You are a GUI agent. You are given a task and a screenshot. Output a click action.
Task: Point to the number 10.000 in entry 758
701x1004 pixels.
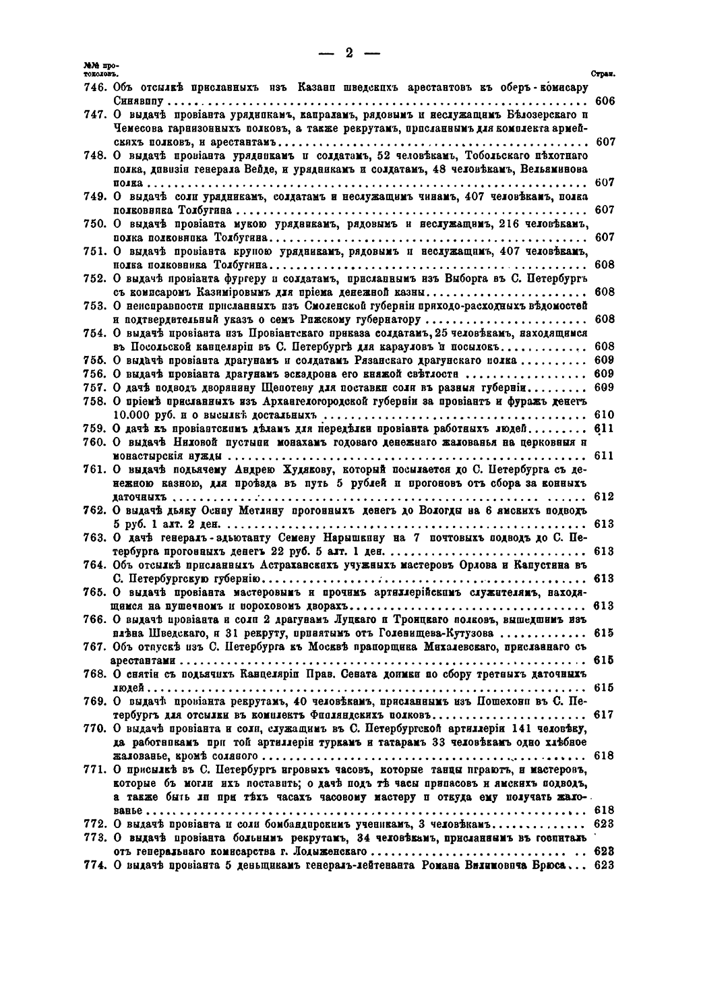point(133,415)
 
